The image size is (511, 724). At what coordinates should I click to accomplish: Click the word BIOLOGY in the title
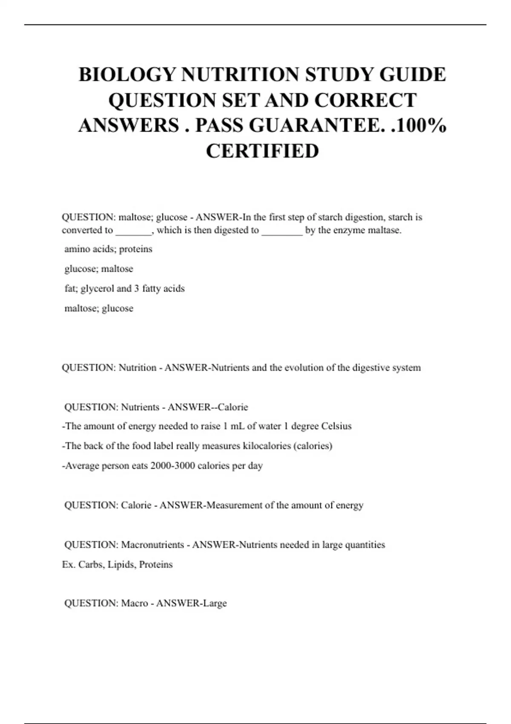coord(127,75)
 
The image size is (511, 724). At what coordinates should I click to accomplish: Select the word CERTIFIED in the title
coord(262,151)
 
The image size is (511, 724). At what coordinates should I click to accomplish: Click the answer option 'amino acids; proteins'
coord(108,249)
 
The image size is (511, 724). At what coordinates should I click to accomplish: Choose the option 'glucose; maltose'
coord(99,269)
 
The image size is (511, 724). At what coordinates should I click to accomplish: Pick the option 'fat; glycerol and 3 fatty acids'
coord(124,289)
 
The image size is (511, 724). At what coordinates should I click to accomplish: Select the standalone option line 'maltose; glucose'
coord(99,308)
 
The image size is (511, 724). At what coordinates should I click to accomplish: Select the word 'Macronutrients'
coord(152,545)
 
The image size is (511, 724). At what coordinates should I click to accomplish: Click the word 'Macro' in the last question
coord(135,603)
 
